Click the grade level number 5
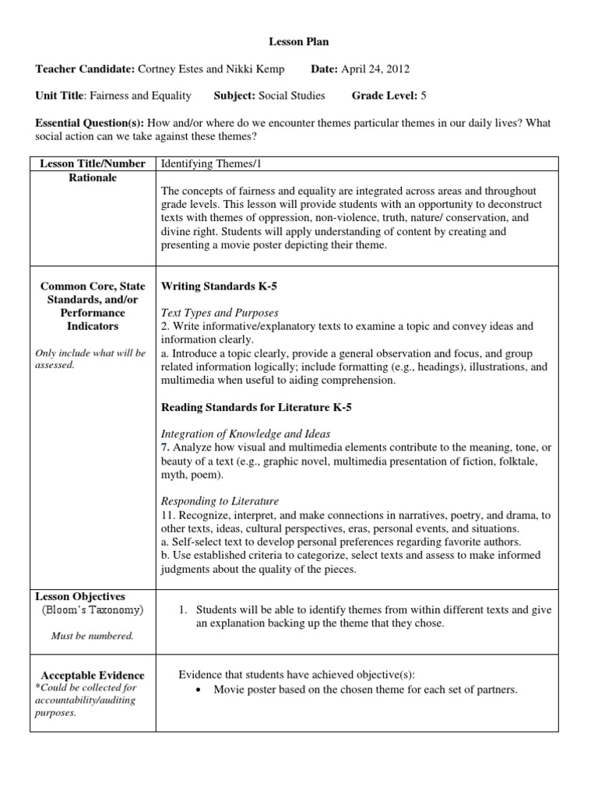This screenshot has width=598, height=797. point(424,96)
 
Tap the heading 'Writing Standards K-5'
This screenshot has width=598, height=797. point(219,286)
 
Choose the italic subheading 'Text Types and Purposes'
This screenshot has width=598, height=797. point(220,313)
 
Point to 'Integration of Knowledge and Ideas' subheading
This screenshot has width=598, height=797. point(245,434)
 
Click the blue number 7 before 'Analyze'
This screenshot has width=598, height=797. point(164,448)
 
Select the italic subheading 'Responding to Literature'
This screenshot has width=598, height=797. point(220,501)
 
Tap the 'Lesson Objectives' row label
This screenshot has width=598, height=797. point(82,596)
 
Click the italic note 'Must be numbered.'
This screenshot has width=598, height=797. point(92,636)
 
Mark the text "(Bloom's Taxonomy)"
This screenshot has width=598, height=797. point(93,610)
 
